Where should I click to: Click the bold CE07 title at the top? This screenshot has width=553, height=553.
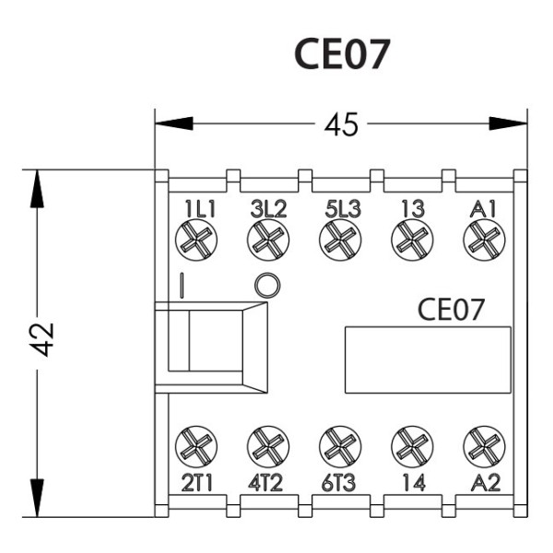click(342, 55)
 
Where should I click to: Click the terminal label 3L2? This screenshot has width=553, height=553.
click(268, 208)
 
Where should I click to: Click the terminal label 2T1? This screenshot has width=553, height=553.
click(195, 481)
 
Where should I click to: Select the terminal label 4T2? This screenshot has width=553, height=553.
click(267, 481)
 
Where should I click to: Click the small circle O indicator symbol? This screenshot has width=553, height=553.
click(265, 286)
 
